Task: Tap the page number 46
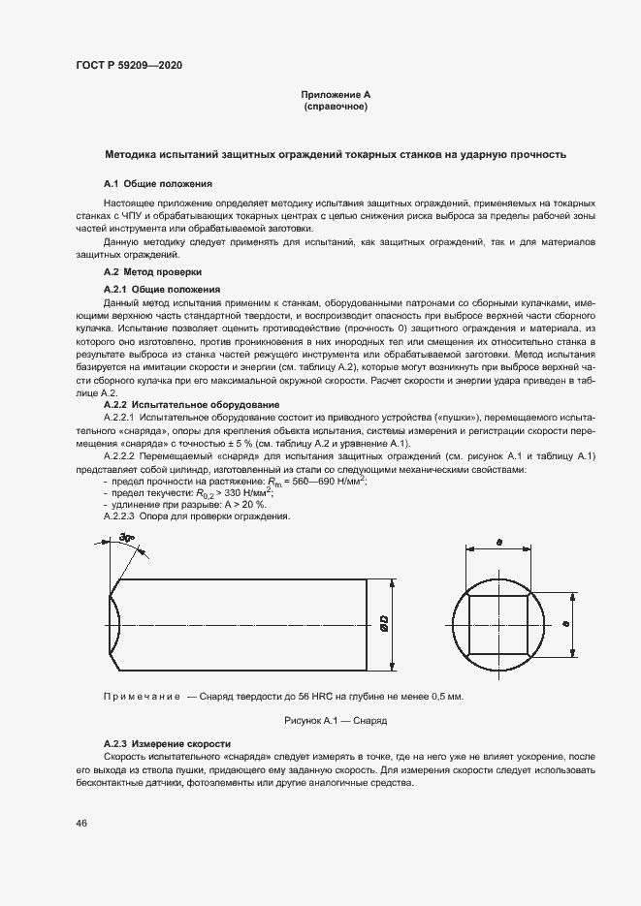[81, 823]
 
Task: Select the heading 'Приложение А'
[336, 95]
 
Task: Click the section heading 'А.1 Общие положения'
[158, 183]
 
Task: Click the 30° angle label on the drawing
[127, 540]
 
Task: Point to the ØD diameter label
[384, 625]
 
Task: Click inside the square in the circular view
[497, 625]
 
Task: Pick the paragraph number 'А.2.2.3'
[122, 516]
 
